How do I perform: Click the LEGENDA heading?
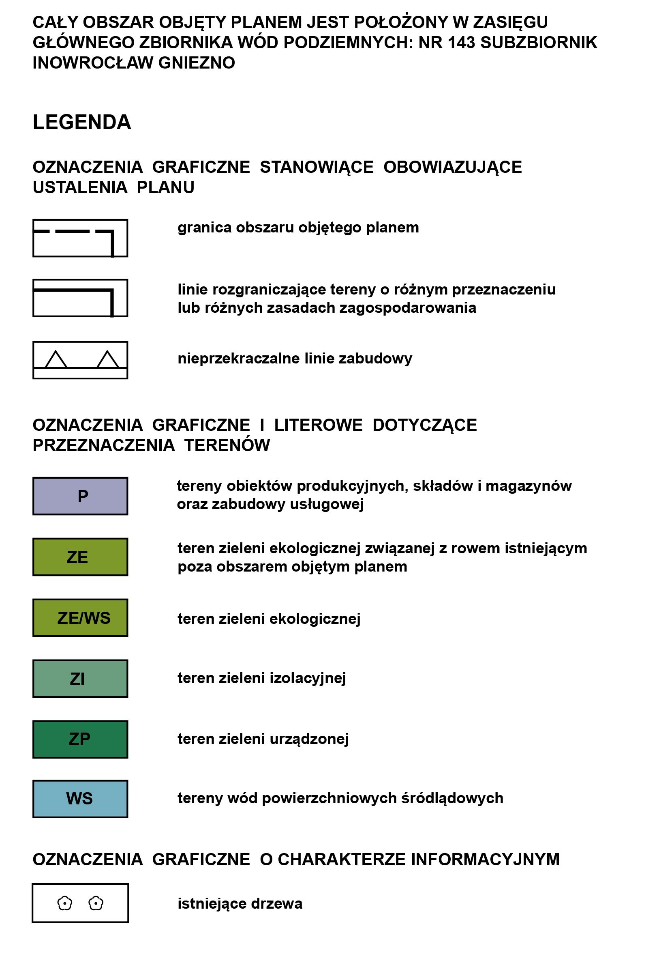click(x=81, y=122)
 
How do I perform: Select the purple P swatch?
click(x=80, y=496)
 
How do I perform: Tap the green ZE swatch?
click(x=80, y=557)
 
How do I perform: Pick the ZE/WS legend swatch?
click(x=80, y=618)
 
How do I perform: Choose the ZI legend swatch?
click(x=80, y=679)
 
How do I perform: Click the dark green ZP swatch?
click(x=80, y=739)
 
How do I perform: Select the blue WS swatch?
click(x=80, y=799)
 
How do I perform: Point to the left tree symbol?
click(x=64, y=903)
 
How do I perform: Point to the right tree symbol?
click(x=96, y=903)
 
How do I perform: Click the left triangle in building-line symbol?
click(x=56, y=360)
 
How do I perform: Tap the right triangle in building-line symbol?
click(x=108, y=360)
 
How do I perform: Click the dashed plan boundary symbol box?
click(x=80, y=238)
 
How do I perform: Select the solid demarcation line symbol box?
click(x=80, y=298)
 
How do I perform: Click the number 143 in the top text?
click(x=461, y=43)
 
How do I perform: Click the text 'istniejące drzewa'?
click(x=240, y=904)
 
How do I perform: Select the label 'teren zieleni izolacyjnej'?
click(x=261, y=678)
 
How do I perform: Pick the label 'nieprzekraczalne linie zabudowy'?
click(x=295, y=359)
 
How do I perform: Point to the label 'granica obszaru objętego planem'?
click(x=298, y=228)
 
